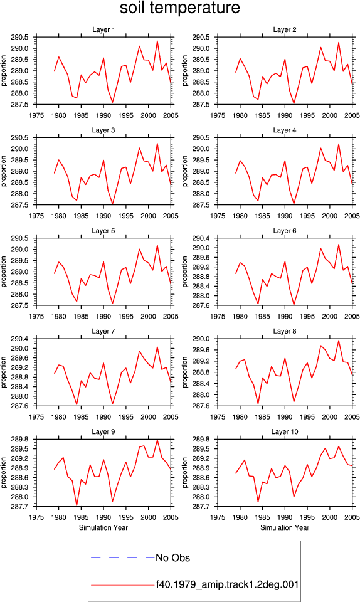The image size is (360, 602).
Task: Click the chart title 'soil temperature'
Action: click(180, 8)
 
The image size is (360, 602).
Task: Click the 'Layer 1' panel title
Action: click(103, 29)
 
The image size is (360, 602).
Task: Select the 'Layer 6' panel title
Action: click(284, 231)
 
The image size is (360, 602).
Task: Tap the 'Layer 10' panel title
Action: click(284, 432)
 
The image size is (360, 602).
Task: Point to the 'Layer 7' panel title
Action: click(103, 331)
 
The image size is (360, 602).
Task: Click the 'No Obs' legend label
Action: click(172, 558)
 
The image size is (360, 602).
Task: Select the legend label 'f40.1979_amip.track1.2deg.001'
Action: click(227, 584)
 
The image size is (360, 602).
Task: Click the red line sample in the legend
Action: click(123, 585)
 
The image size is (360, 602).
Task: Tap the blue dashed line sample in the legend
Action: click(123, 557)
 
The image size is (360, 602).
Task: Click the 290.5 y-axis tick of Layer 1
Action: click(20, 37)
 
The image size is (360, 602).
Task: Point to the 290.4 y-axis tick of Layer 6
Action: click(201, 238)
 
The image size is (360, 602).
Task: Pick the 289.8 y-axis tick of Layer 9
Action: click(20, 439)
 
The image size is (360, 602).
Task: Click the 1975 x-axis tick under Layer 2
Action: click(218, 115)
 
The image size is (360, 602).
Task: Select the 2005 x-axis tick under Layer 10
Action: click(352, 517)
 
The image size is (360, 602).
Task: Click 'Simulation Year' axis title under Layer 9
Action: click(103, 527)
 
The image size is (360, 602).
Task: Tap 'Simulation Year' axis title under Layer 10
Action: click(284, 527)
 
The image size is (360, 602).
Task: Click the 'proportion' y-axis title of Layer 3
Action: click(4, 171)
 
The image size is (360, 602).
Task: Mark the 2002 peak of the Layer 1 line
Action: click(157, 41)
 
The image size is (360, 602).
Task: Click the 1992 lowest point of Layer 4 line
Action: click(294, 203)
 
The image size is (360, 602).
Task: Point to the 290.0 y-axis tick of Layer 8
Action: click(201, 339)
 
